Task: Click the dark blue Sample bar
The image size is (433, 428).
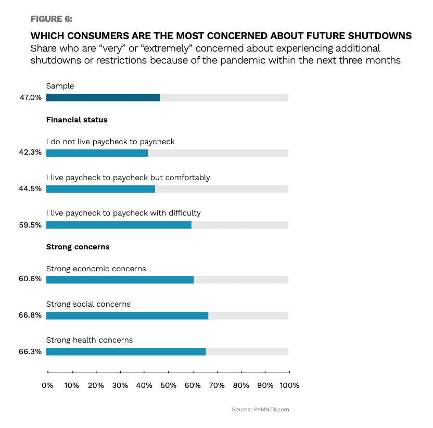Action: coord(103,97)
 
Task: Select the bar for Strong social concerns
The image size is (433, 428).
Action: coord(127,316)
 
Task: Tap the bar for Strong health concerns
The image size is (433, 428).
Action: coord(126,351)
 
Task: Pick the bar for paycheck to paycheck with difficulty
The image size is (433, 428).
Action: coord(119,225)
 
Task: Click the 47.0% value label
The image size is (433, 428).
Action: coord(31,97)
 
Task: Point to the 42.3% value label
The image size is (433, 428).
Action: coord(31,153)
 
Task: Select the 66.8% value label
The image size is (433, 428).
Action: coord(31,316)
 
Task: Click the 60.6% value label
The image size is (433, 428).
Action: coord(31,280)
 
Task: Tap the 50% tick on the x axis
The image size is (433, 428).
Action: coord(168,386)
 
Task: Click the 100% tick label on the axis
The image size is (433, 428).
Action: coord(289,386)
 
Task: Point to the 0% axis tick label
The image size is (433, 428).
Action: coord(47,386)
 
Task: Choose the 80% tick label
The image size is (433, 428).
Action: coord(241,386)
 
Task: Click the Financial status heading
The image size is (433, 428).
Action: coord(77,120)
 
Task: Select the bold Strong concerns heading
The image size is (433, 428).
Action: coord(78,247)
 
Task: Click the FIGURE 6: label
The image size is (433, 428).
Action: coord(52,19)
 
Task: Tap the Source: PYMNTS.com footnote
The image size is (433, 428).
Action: coord(260,410)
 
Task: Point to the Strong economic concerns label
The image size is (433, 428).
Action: coord(96,269)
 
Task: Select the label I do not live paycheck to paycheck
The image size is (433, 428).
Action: coord(110,142)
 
